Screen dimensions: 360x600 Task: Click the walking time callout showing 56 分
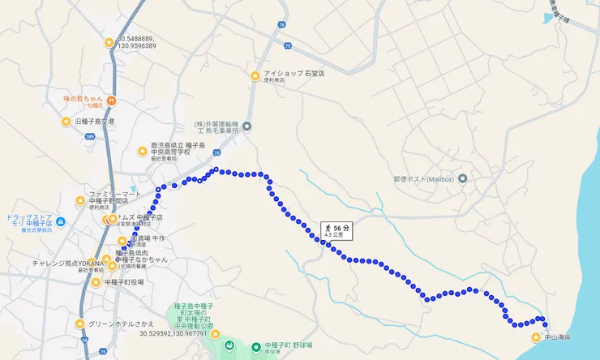[336, 231]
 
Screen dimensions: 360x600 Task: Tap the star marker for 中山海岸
[536, 337]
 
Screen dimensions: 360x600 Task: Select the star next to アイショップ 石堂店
[255, 76]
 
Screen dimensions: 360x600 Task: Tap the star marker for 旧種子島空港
[66, 122]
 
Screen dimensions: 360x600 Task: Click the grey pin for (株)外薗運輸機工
[248, 126]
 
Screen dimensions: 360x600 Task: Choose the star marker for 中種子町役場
[96, 282]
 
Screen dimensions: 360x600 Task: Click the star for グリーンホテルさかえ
[79, 324]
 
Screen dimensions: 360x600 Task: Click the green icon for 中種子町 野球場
[255, 345]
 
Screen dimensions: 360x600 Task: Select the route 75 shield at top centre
[280, 25]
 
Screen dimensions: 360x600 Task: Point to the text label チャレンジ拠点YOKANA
[68, 264]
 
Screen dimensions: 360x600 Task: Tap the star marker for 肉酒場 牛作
[122, 241]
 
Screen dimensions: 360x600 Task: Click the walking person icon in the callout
[328, 229]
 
